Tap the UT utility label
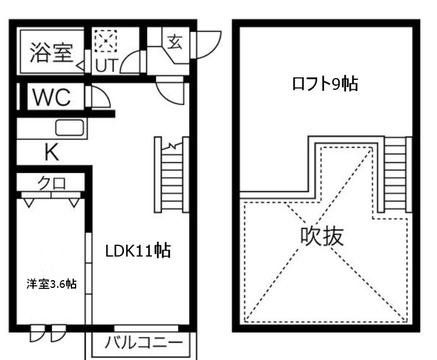[106, 65]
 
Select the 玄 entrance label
[175, 42]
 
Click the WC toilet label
[52, 98]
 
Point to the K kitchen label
[52, 153]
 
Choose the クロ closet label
[52, 183]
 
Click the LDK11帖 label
[138, 251]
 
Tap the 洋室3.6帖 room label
[51, 284]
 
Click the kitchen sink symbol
[70, 128]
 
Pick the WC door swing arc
[100, 96]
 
